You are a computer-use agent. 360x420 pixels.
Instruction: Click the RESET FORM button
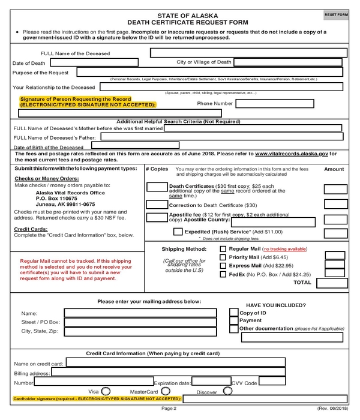click(336, 14)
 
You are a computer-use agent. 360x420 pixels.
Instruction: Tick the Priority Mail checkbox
click(223, 257)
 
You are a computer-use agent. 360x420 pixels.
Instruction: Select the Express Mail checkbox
click(223, 265)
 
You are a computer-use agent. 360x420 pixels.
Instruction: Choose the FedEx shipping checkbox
click(223, 274)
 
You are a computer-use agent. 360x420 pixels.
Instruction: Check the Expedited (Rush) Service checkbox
click(178, 231)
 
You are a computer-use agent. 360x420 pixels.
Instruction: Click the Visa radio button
click(106, 391)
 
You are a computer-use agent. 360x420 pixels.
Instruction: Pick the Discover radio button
click(227, 391)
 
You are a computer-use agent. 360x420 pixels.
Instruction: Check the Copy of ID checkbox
click(234, 312)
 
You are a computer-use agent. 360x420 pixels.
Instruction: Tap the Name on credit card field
click(204, 364)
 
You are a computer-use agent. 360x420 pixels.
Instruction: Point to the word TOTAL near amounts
click(302, 282)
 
